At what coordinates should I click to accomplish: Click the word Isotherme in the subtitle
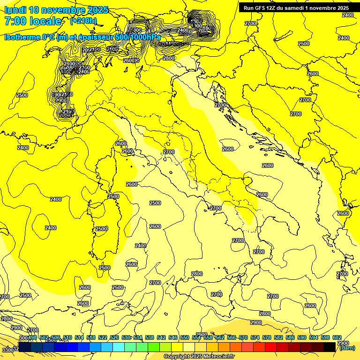(22, 37)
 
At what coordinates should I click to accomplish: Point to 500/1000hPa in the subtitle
(141, 37)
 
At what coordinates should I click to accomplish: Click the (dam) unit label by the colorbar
(347, 348)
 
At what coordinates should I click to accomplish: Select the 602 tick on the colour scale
(337, 337)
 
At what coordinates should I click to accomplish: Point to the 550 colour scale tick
(185, 337)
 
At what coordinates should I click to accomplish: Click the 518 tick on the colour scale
(91, 337)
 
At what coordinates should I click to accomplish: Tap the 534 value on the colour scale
(138, 337)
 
